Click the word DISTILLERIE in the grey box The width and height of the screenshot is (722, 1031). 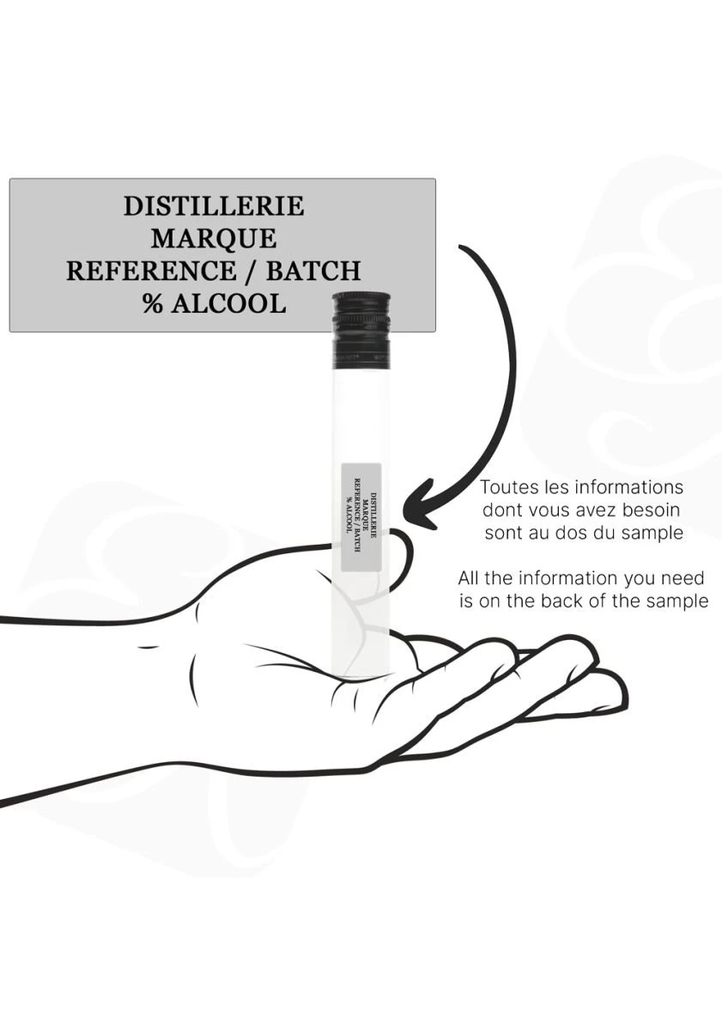[214, 206]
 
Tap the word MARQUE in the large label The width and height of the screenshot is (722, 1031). [214, 239]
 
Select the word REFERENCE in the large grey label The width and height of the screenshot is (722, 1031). [150, 271]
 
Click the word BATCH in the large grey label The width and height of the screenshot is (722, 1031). [313, 271]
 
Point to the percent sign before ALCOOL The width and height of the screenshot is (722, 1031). [152, 302]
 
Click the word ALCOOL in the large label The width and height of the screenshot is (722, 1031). [228, 302]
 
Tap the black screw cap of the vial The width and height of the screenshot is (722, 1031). [361, 330]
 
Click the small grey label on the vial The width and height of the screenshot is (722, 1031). [362, 517]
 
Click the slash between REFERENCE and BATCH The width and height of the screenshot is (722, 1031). [251, 271]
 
